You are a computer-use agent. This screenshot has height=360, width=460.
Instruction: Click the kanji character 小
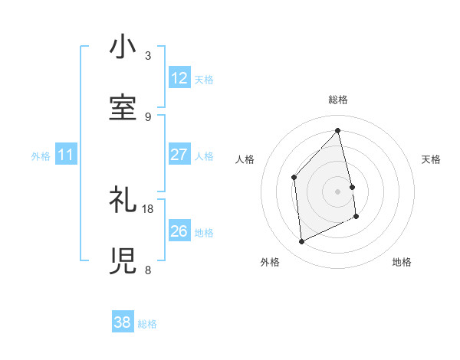(x=123, y=47)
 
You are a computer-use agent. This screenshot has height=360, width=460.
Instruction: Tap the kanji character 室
(x=123, y=106)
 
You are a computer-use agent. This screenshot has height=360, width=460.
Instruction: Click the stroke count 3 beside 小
(x=147, y=56)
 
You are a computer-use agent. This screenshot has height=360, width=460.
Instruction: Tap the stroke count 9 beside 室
(x=147, y=116)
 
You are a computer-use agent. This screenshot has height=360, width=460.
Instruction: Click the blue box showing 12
(x=179, y=78)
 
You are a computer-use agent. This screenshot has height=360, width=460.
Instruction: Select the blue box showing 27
(x=179, y=155)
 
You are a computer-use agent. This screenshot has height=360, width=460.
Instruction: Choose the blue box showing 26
(x=179, y=231)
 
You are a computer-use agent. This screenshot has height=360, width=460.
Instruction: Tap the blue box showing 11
(x=65, y=155)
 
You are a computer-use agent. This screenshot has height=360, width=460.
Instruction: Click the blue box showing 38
(x=122, y=322)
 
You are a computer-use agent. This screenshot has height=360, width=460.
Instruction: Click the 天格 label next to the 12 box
(x=204, y=79)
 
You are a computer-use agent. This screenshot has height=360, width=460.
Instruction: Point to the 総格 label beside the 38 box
(x=147, y=324)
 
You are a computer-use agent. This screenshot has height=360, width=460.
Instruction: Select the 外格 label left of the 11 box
(x=41, y=156)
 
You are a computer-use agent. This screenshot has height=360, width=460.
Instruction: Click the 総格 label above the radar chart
(x=338, y=100)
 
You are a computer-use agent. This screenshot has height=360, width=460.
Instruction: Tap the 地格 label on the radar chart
(x=402, y=262)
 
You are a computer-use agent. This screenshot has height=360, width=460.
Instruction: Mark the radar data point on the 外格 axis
(x=301, y=242)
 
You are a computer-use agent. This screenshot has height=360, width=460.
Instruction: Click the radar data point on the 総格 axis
(x=338, y=130)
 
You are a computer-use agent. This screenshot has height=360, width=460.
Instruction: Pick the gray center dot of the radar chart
(x=338, y=191)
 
